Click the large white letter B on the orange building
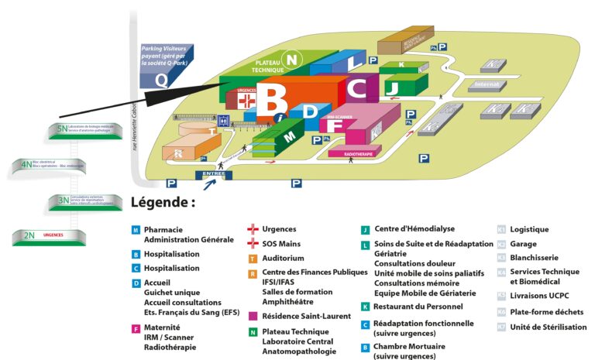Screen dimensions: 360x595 (x=272, y=98)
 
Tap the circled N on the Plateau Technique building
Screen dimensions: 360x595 (x=291, y=58)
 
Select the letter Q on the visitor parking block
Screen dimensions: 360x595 (x=160, y=78)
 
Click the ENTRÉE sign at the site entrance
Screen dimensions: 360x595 (x=214, y=174)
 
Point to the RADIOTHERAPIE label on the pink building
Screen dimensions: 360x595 (x=354, y=153)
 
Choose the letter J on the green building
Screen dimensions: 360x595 (x=392, y=86)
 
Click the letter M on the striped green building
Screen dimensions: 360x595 (x=290, y=136)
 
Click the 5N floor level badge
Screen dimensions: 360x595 (x=63, y=129)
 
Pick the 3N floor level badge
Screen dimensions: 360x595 (x=62, y=201)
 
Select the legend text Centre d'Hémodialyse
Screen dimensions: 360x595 (x=414, y=229)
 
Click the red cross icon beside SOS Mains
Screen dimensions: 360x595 (x=252, y=244)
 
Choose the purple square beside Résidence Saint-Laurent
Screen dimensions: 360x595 (x=253, y=316)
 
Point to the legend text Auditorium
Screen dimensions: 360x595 (x=283, y=258)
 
